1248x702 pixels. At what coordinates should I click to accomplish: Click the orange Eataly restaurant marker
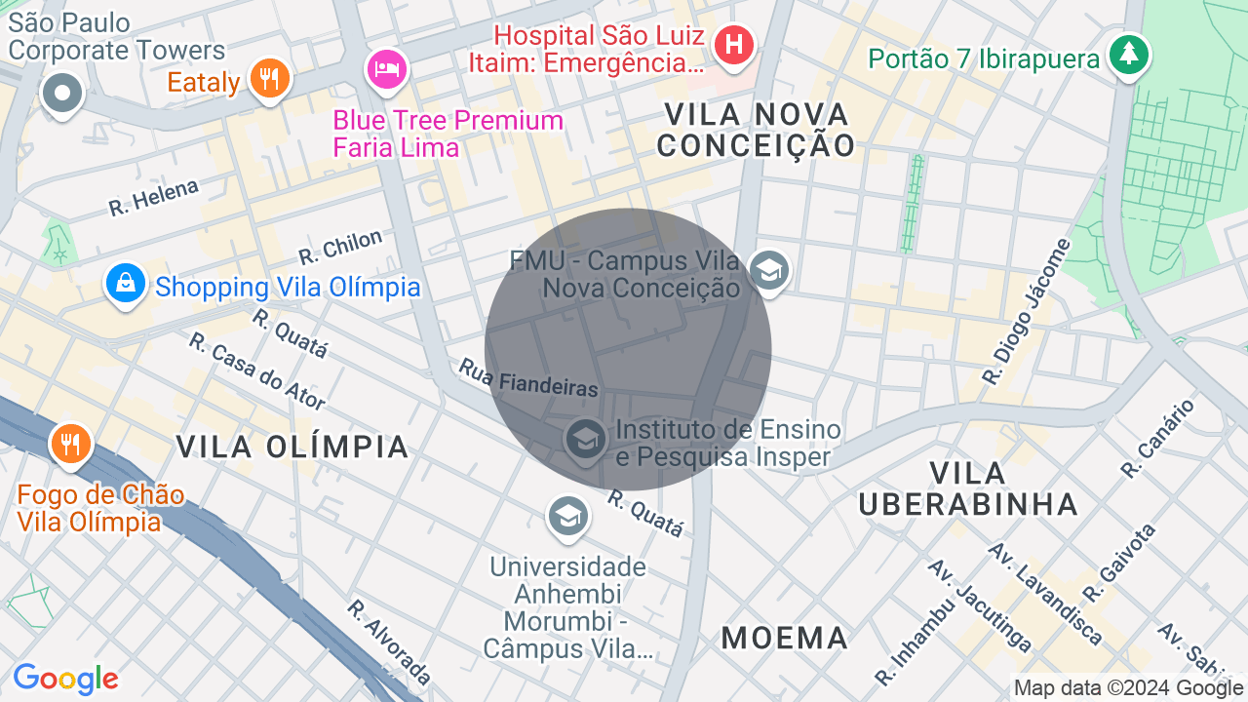point(270,78)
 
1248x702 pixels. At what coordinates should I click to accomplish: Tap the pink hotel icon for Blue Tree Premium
point(386,68)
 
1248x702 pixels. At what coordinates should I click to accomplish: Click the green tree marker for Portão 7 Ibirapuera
point(1129,53)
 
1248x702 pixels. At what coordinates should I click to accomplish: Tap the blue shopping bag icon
point(126,284)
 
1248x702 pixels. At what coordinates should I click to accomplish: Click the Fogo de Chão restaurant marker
point(69,444)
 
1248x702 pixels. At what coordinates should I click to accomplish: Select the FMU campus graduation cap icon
point(769,270)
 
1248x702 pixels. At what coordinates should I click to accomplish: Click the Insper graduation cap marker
point(586,440)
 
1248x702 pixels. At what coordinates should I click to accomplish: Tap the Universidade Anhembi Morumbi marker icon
point(566,516)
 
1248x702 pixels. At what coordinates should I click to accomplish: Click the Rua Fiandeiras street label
point(527,376)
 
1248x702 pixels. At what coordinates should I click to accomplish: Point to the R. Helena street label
point(153,197)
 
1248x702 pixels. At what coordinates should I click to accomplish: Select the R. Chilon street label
point(340,247)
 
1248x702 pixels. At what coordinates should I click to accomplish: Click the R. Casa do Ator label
point(256,370)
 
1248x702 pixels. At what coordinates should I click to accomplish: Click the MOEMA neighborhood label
point(785,638)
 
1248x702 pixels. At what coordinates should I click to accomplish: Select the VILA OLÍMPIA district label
point(292,447)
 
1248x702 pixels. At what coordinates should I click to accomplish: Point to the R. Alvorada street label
point(389,642)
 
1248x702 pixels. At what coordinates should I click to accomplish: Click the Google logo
point(65,679)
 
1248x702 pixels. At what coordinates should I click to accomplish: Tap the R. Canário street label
point(1157,439)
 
